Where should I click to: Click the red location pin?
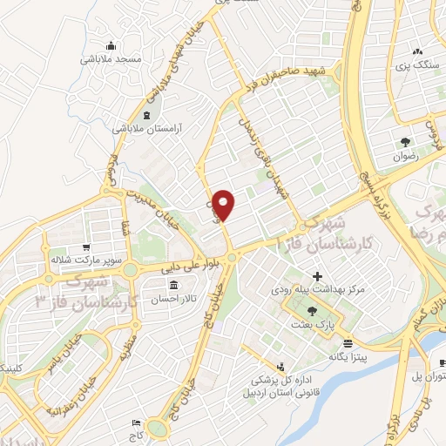(225, 205)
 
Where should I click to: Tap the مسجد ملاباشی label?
(111, 59)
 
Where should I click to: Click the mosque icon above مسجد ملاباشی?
(111, 45)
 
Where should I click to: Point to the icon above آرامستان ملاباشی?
(145, 114)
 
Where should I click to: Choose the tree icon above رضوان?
(406, 141)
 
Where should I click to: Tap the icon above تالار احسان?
(174, 285)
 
